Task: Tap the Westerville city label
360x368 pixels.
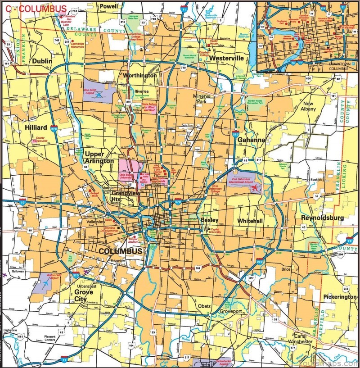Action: pos(226,58)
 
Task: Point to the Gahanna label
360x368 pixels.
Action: pos(252,140)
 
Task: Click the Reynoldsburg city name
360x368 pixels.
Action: pos(322,218)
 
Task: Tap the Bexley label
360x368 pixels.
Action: pos(210,220)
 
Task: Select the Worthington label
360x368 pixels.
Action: pos(140,75)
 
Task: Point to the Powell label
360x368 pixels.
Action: pos(108,6)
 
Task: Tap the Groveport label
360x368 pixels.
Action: pos(230,311)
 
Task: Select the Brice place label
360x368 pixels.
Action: pos(286,269)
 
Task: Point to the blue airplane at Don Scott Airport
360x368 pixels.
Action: pos(99,95)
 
